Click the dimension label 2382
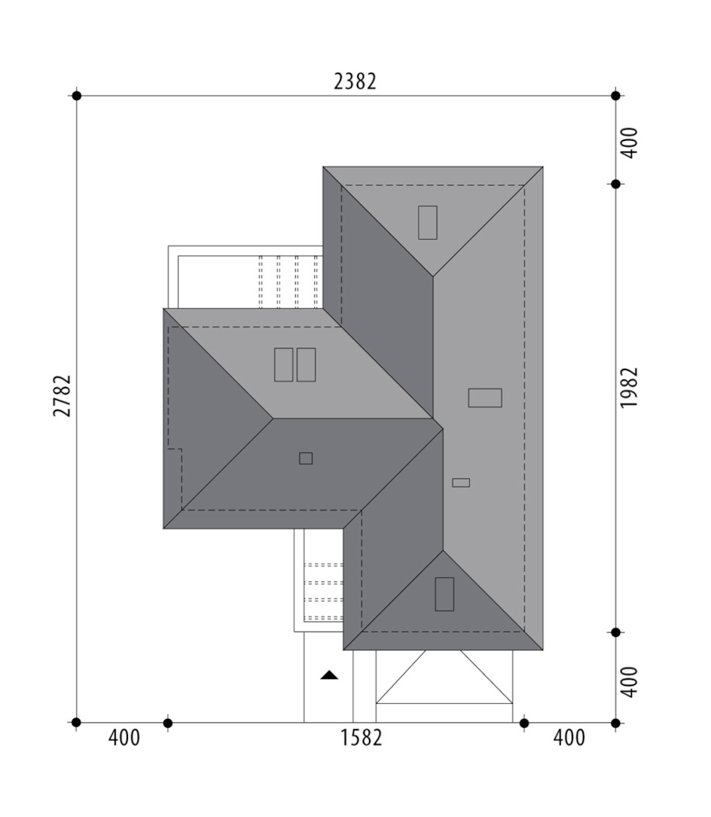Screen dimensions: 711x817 tap(355, 81)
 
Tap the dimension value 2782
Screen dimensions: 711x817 tap(62, 396)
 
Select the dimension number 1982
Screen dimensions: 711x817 tap(629, 388)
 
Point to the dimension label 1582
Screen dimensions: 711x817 tap(361, 738)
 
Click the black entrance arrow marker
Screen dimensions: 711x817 tap(329, 675)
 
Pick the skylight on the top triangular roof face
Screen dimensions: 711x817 tap(428, 222)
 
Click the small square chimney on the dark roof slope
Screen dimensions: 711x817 tap(306, 458)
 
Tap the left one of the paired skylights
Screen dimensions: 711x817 tap(283, 365)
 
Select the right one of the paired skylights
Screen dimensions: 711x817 tap(307, 365)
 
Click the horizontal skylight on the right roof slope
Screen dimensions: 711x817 tap(485, 397)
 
